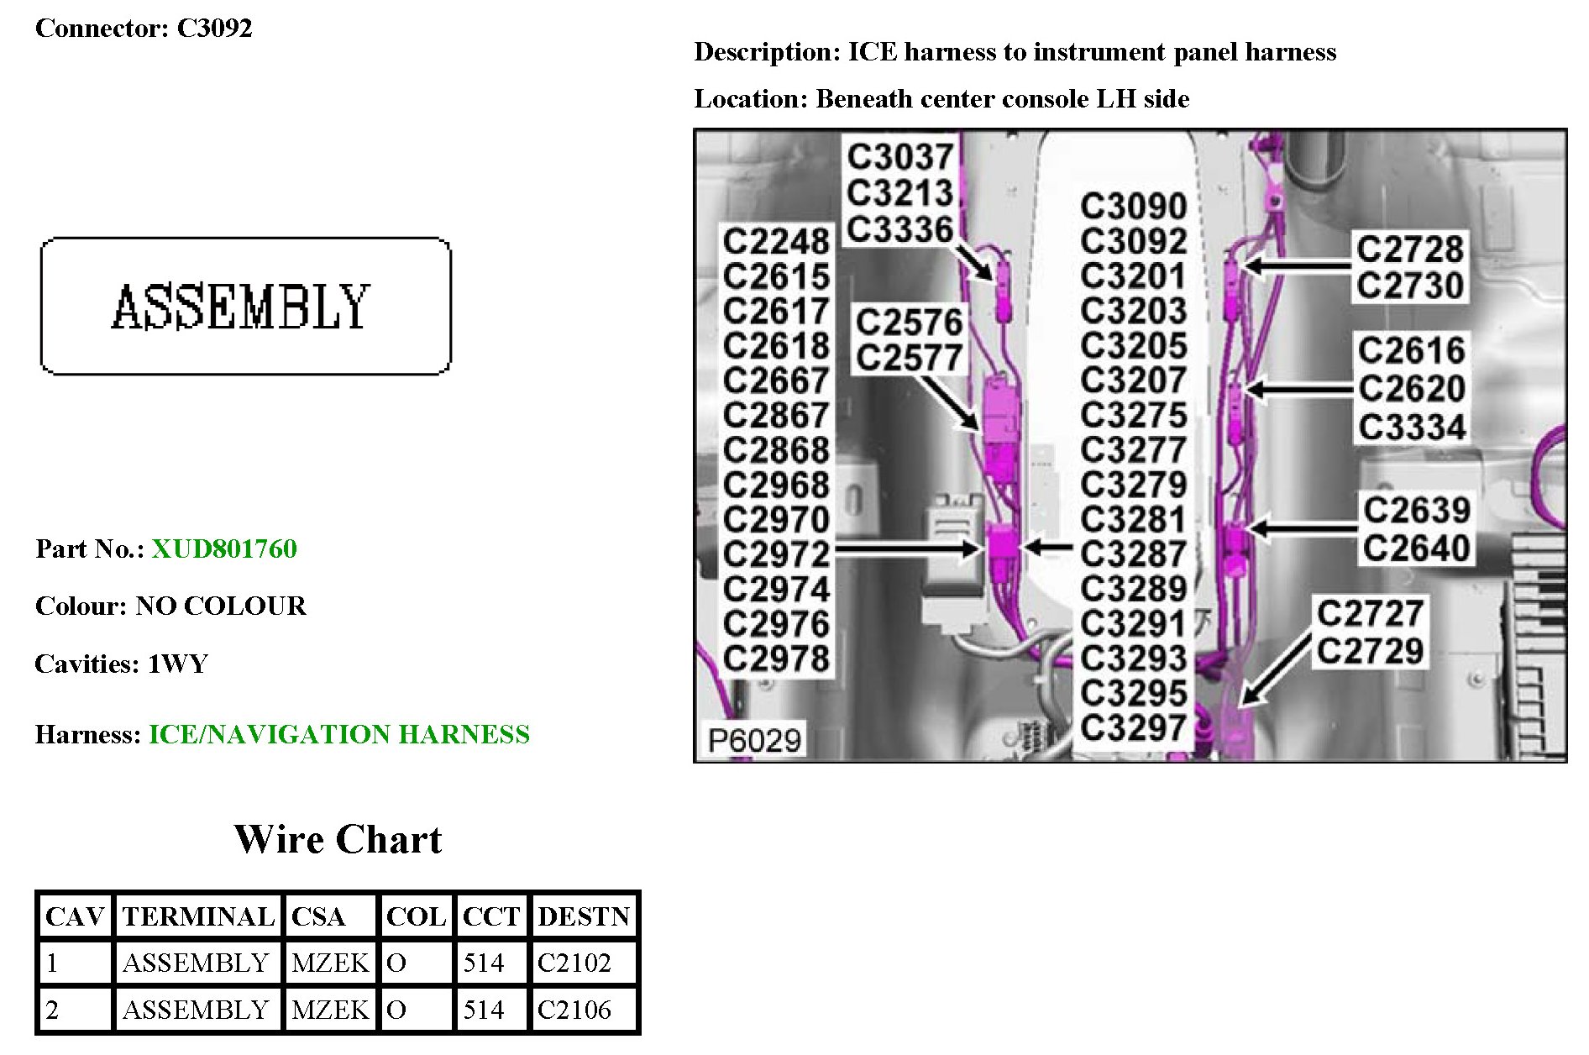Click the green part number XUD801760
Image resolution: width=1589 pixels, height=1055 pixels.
pyautogui.click(x=223, y=548)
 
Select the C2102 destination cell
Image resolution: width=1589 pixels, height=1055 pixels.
pyautogui.click(x=574, y=963)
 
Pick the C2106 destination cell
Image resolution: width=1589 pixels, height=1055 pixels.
pyautogui.click(x=574, y=1010)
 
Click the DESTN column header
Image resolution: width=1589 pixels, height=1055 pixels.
pyautogui.click(x=584, y=916)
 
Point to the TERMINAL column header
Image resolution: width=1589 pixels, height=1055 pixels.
pyautogui.click(x=198, y=916)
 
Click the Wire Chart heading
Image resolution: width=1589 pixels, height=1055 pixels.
pyautogui.click(x=338, y=839)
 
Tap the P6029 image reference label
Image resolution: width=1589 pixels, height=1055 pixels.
pyautogui.click(x=753, y=741)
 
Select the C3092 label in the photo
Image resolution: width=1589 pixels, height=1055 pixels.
pyautogui.click(x=1133, y=242)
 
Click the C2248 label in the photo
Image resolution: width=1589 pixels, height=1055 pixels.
pyautogui.click(x=776, y=242)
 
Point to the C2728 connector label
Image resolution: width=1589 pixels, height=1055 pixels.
pyautogui.click(x=1410, y=249)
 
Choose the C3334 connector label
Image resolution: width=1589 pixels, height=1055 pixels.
pyautogui.click(x=1412, y=428)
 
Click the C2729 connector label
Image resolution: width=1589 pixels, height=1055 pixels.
pyautogui.click(x=1370, y=651)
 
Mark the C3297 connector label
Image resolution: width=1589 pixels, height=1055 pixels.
pyautogui.click(x=1133, y=727)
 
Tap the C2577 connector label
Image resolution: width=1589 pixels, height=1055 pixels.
pyautogui.click(x=909, y=359)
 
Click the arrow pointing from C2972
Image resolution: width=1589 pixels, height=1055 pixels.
pyautogui.click(x=907, y=550)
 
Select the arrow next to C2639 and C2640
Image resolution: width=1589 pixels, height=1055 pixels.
pyautogui.click(x=1302, y=529)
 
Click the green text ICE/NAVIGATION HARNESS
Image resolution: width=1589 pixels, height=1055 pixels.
pyautogui.click(x=339, y=734)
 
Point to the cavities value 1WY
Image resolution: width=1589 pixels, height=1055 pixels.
pyautogui.click(x=178, y=664)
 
